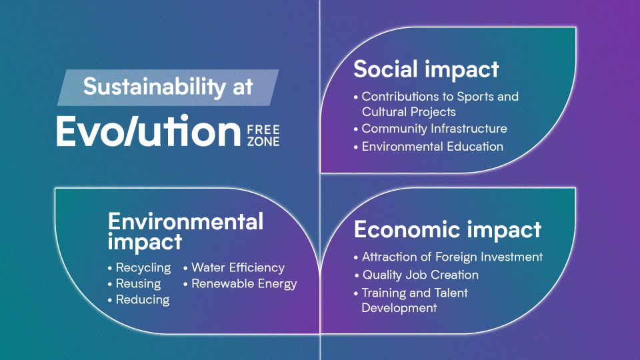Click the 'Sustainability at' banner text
click(168, 87)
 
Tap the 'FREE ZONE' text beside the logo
click(263, 136)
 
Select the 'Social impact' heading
click(426, 69)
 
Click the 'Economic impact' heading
click(447, 229)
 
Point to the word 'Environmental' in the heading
click(186, 221)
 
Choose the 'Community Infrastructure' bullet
click(434, 129)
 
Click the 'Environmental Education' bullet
click(432, 147)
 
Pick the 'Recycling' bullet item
click(143, 268)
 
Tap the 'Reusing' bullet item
click(139, 284)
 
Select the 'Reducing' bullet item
click(143, 299)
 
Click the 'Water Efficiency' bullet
click(238, 268)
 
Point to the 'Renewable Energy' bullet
click(244, 284)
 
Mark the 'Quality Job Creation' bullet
click(421, 275)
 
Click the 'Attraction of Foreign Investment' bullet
click(452, 257)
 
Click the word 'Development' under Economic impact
click(399, 308)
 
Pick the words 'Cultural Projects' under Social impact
click(409, 112)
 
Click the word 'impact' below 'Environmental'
click(145, 242)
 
